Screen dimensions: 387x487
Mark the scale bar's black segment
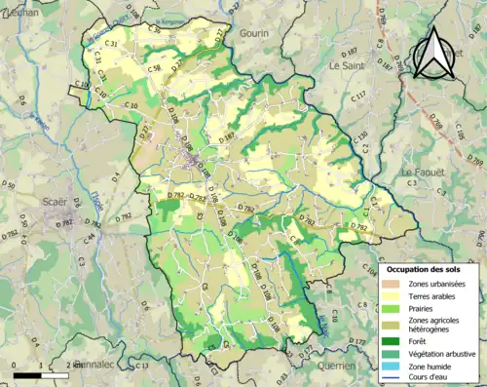tap(27, 375)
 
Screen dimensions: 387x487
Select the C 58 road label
tap(155, 69)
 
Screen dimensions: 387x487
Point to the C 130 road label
tap(360, 137)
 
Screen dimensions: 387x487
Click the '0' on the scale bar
tap(15, 367)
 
